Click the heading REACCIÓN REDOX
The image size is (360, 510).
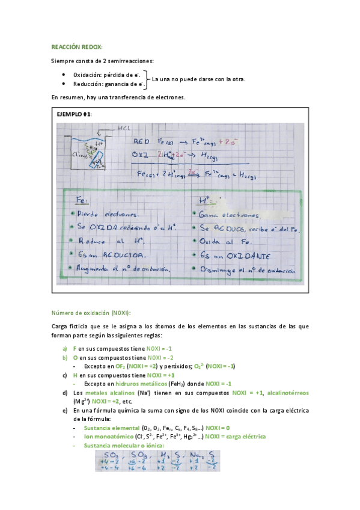tap(77, 46)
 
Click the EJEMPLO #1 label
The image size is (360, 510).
tap(74, 114)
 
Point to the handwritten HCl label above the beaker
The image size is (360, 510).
tap(125, 128)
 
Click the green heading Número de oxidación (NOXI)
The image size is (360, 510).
tap(91, 313)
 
